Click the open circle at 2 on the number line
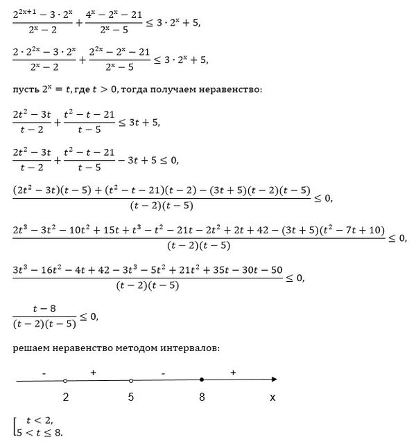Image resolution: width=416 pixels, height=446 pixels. (65, 380)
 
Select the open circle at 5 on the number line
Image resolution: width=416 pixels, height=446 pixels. (131, 380)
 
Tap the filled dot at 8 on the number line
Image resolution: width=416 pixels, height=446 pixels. (201, 380)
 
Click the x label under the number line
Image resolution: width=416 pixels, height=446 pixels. (272, 398)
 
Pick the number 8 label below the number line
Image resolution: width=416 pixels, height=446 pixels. (201, 398)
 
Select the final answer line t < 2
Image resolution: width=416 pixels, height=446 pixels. (39, 420)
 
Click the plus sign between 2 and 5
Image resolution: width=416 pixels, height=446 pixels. (92, 373)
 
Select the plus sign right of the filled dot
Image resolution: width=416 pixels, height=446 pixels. (233, 373)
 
